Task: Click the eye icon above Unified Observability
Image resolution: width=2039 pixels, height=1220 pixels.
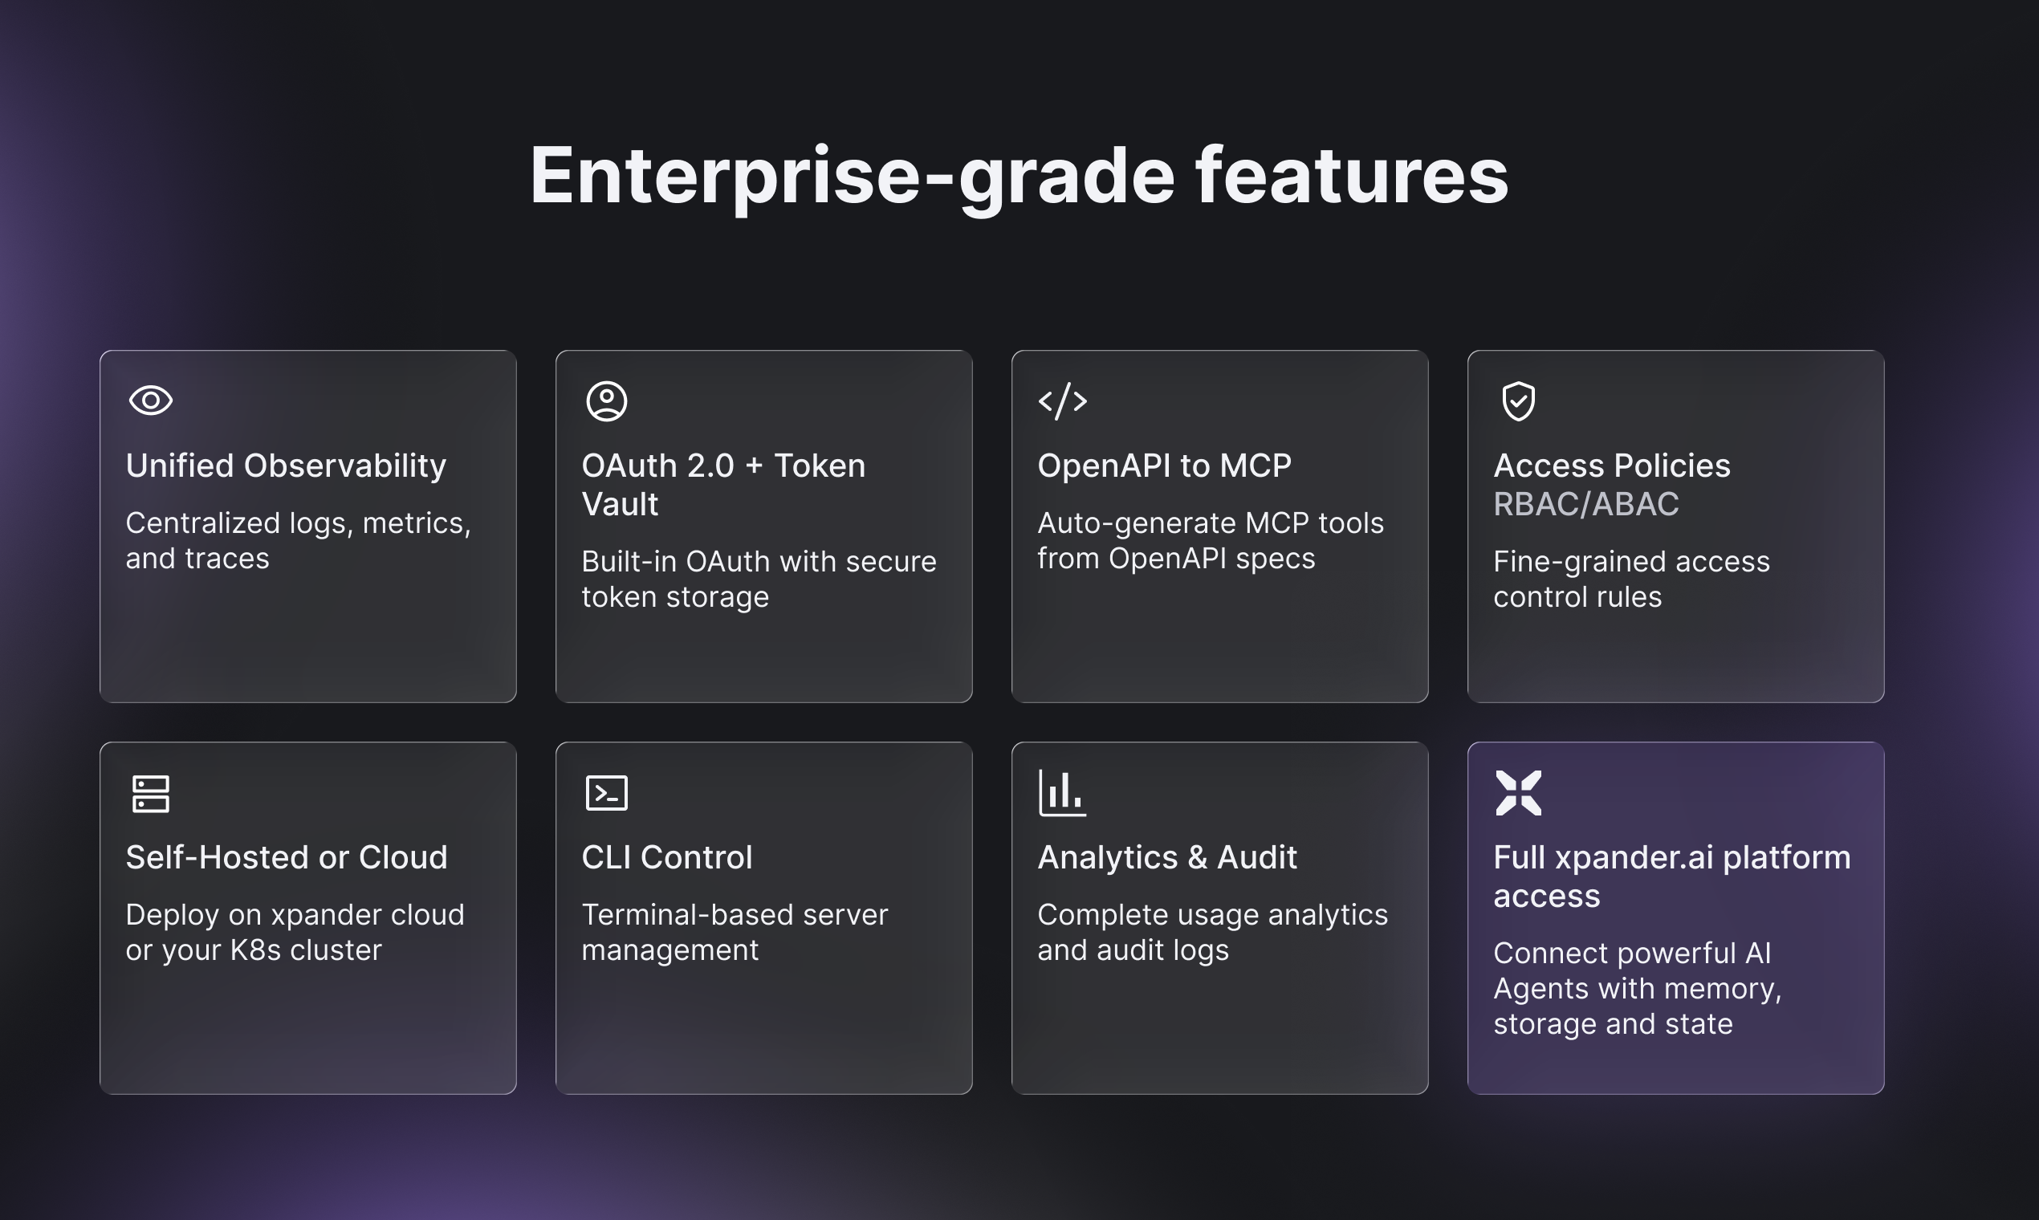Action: [150, 401]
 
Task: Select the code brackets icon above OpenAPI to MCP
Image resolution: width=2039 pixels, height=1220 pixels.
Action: [1062, 401]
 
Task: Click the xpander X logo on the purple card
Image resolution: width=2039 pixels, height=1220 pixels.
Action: [1519, 793]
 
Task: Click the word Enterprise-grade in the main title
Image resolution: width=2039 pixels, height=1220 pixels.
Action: [852, 177]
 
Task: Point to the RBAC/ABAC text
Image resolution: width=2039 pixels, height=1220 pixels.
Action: [1586, 504]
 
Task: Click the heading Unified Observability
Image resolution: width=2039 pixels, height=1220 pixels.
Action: [286, 466]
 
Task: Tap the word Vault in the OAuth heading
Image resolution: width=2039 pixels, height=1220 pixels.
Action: [620, 504]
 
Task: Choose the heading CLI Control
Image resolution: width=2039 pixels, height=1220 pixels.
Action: [667, 857]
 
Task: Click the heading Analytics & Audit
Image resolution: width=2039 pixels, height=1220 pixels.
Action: [1167, 857]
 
